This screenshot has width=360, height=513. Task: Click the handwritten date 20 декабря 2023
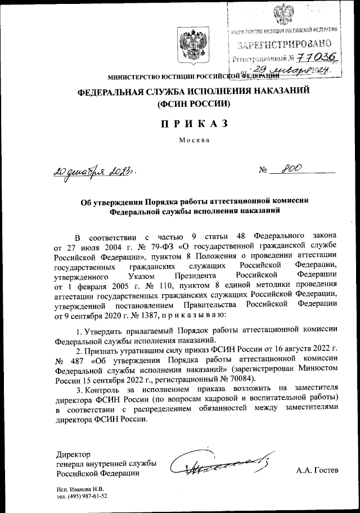tap(87, 170)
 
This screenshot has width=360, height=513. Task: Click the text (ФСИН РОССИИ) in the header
tap(194, 104)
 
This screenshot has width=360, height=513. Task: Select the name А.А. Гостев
tap(317, 470)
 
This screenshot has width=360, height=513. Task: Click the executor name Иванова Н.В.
tap(92, 489)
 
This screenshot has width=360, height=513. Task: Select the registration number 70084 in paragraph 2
tap(240, 379)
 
